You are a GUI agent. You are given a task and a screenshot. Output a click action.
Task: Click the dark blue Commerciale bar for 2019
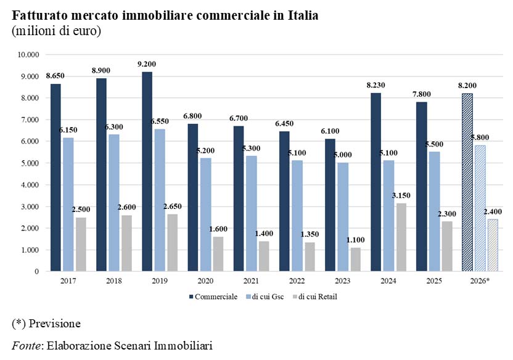pos(147,171)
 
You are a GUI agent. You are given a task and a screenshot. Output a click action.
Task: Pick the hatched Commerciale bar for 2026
pos(467,182)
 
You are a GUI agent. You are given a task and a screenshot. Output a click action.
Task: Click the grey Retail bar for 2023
pos(355,260)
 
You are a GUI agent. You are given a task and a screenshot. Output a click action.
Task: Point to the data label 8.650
pos(55,76)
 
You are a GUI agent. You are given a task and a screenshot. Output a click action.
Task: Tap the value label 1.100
pos(355,240)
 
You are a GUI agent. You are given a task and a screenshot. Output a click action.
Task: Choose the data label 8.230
pos(376,85)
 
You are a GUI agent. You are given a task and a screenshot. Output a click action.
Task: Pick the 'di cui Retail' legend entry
pos(317,297)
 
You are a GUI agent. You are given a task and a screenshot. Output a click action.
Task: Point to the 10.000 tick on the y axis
pos(27,55)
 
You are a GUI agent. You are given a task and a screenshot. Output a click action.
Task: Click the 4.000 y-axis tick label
pos(29,185)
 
